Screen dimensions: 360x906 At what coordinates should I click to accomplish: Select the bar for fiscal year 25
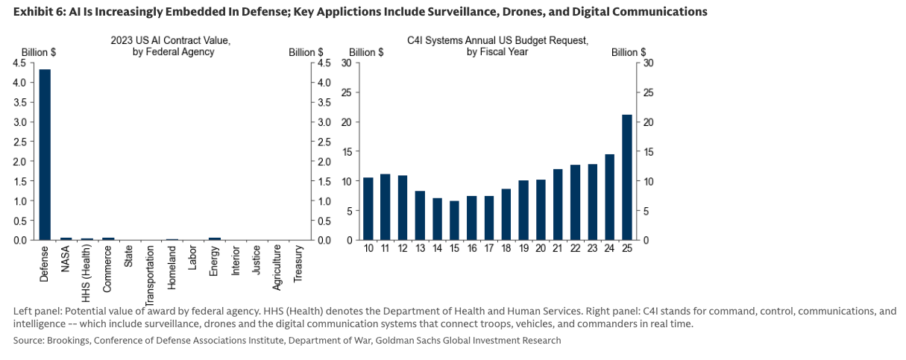[626, 177]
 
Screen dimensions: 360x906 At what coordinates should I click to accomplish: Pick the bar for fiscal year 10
[368, 209]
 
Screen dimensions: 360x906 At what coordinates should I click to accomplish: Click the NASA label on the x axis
[66, 257]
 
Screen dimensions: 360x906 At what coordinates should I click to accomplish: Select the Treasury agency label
[298, 264]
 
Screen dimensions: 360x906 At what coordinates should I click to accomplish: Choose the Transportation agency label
[150, 276]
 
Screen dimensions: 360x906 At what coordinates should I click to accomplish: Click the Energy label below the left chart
[215, 261]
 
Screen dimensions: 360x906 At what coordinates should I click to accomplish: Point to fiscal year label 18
[506, 248]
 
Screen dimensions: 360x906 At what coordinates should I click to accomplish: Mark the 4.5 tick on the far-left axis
[18, 63]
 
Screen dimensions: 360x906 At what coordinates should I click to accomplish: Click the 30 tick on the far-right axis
[648, 63]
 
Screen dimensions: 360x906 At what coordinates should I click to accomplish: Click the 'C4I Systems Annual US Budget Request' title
[497, 41]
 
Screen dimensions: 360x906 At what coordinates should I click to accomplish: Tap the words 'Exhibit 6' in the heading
[35, 12]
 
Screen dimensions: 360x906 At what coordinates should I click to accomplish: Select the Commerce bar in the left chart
[109, 239]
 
